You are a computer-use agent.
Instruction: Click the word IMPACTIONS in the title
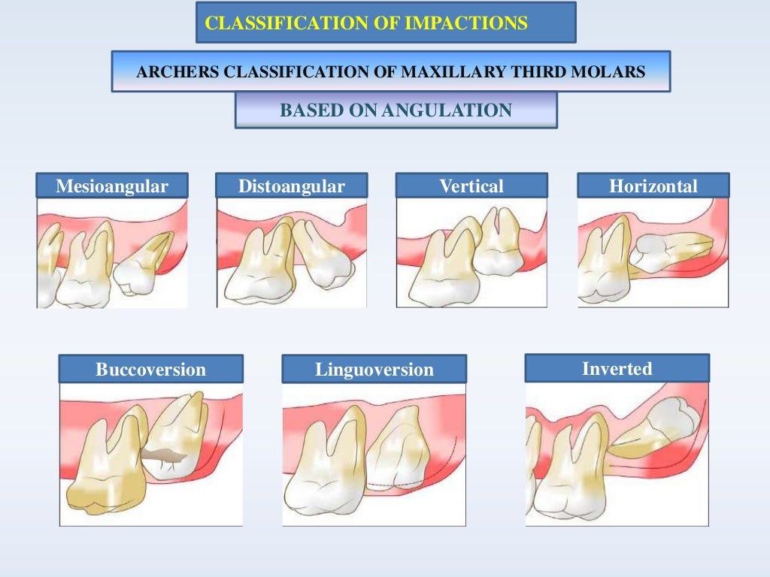click(466, 23)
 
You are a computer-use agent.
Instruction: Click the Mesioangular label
click(112, 186)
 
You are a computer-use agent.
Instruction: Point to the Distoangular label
click(292, 186)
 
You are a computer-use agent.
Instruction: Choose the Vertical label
click(471, 186)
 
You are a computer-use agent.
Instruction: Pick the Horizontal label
click(653, 186)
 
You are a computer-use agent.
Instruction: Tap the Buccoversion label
click(150, 370)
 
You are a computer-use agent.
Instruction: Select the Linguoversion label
click(374, 370)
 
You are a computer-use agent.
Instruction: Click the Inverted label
click(617, 369)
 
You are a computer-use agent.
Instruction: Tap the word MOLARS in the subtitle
click(618, 73)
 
